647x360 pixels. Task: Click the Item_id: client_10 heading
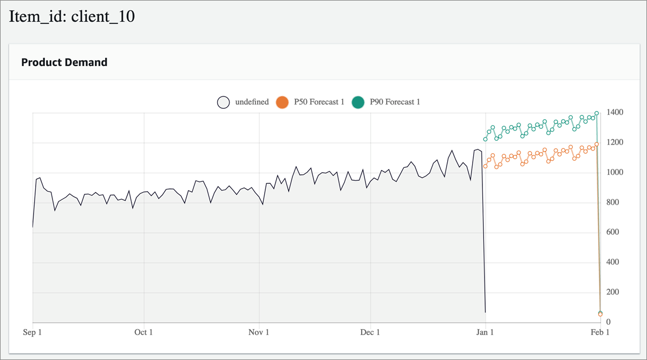click(x=72, y=17)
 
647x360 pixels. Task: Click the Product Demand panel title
click(x=64, y=62)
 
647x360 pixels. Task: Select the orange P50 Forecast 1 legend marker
click(x=282, y=102)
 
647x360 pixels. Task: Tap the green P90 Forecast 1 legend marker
click(x=358, y=102)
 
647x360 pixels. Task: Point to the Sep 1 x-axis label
click(x=33, y=332)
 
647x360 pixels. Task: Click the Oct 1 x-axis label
click(x=144, y=332)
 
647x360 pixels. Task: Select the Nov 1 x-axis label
click(x=259, y=332)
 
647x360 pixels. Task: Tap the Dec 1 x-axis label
click(x=371, y=332)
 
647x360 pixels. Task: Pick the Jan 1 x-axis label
click(x=485, y=332)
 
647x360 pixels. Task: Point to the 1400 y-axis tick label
click(x=615, y=113)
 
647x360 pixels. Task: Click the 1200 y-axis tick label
click(x=615, y=143)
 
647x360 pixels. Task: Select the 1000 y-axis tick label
click(x=615, y=173)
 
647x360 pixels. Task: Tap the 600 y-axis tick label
click(x=613, y=233)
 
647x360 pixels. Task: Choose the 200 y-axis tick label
click(x=613, y=292)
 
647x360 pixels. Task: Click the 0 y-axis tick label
click(x=609, y=323)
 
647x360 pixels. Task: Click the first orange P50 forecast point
click(x=486, y=166)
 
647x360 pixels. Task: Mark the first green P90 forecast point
click(x=486, y=139)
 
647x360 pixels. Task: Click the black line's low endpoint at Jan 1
click(x=485, y=312)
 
